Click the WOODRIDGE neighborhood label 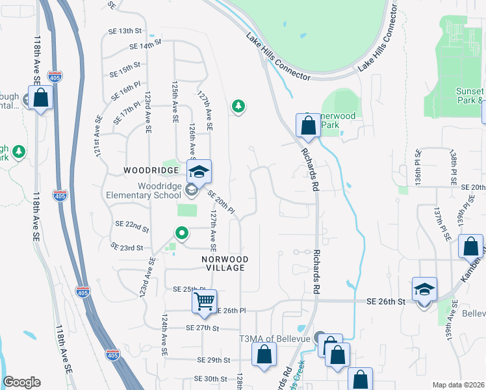[x=151, y=170]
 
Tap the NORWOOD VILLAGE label [x=224, y=263]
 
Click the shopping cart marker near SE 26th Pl [x=204, y=302]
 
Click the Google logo [x=21, y=382]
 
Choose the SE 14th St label [x=144, y=46]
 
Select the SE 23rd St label [x=126, y=247]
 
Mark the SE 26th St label [x=385, y=302]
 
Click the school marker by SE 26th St [x=424, y=289]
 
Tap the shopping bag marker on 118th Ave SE [x=40, y=98]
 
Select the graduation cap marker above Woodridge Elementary [x=199, y=171]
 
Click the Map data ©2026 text [x=457, y=385]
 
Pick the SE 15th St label [x=125, y=67]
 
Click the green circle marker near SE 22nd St [x=183, y=233]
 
